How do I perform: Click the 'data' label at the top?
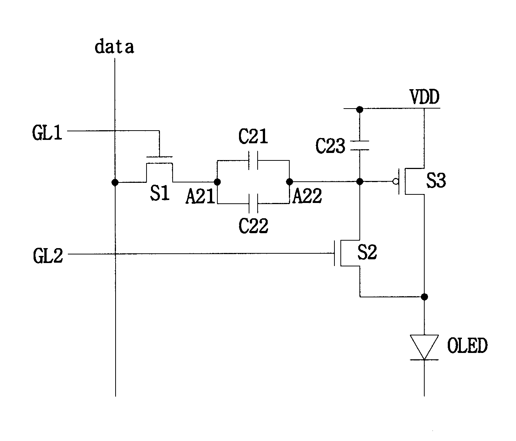pos(114,47)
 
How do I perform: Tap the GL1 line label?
pos(47,133)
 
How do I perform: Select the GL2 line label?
pos(48,256)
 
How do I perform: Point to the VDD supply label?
pos(425,97)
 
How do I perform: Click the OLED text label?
pos(467,345)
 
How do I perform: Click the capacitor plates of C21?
pos(253,160)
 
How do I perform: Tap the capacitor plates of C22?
pos(253,204)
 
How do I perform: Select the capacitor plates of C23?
pos(360,146)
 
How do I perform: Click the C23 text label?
pos(330,146)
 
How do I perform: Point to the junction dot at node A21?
pos(217,182)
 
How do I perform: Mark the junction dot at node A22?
pos(289,182)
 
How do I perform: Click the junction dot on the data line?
pos(115,182)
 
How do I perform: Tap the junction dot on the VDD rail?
pos(360,109)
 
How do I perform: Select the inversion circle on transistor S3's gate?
pos(396,181)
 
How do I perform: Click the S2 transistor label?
pos(367,252)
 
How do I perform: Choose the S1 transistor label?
pos(160,193)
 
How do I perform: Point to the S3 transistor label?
pos(436,180)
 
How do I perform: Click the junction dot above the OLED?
pos(424,297)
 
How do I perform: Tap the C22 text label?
pos(254,226)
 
